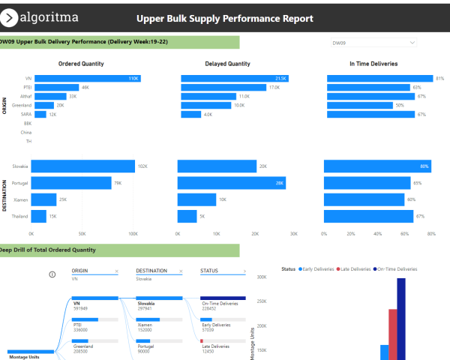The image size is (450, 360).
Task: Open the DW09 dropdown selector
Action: (x=373, y=43)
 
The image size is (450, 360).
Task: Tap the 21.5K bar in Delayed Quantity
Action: (x=235, y=78)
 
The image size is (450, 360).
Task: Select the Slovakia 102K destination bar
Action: (x=82, y=166)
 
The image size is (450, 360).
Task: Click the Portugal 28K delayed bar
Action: (x=231, y=183)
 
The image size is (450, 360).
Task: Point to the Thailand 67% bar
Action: (x=368, y=216)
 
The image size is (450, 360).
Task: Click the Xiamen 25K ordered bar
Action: (x=43, y=199)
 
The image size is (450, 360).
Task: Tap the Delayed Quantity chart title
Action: (x=227, y=64)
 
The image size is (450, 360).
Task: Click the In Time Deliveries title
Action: (x=373, y=64)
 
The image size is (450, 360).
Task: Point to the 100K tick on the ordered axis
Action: (x=133, y=233)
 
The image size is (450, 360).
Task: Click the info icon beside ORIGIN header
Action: (x=52, y=274)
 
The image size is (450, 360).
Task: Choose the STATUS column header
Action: (x=210, y=271)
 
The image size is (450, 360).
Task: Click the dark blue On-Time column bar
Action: (x=401, y=319)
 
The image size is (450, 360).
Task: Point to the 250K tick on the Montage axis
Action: (x=262, y=301)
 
